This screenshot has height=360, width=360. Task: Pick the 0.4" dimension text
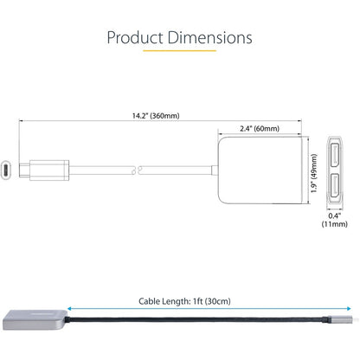[x=335, y=216]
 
